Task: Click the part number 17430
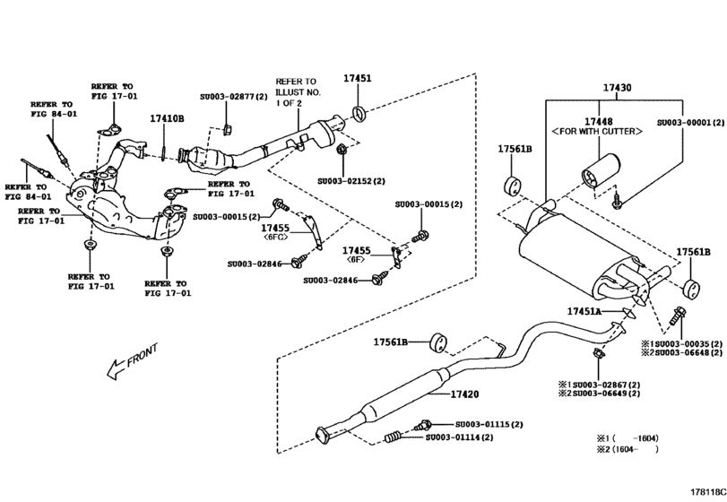tap(616, 88)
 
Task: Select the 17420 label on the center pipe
tap(464, 394)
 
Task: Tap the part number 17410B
tap(167, 118)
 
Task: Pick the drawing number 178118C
tap(706, 492)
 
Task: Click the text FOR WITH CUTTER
tap(597, 132)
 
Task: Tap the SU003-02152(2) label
tap(351, 180)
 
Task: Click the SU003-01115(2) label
tap(488, 424)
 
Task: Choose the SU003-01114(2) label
tap(460, 437)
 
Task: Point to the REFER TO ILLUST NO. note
tap(297, 91)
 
